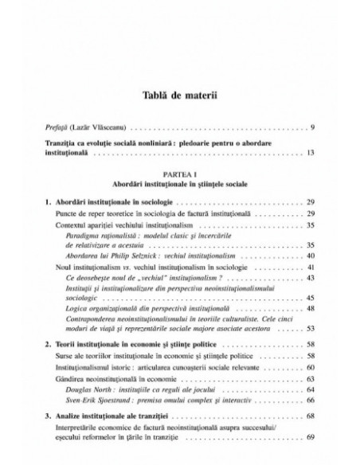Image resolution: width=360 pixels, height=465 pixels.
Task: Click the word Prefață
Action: point(60,126)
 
